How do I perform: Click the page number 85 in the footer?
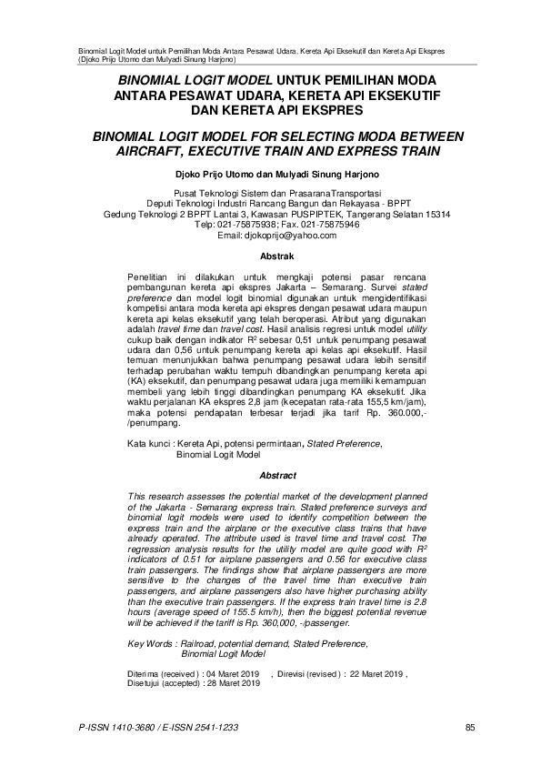470,727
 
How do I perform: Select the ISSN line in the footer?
146,727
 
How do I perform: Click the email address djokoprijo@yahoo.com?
271,235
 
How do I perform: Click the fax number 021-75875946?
331,225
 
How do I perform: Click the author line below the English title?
271,171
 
